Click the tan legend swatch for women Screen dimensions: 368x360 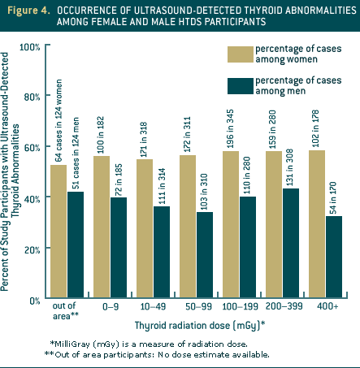(x=238, y=54)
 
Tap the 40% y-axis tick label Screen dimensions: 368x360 (x=33, y=198)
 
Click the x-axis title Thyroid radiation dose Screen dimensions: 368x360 (x=203, y=327)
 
